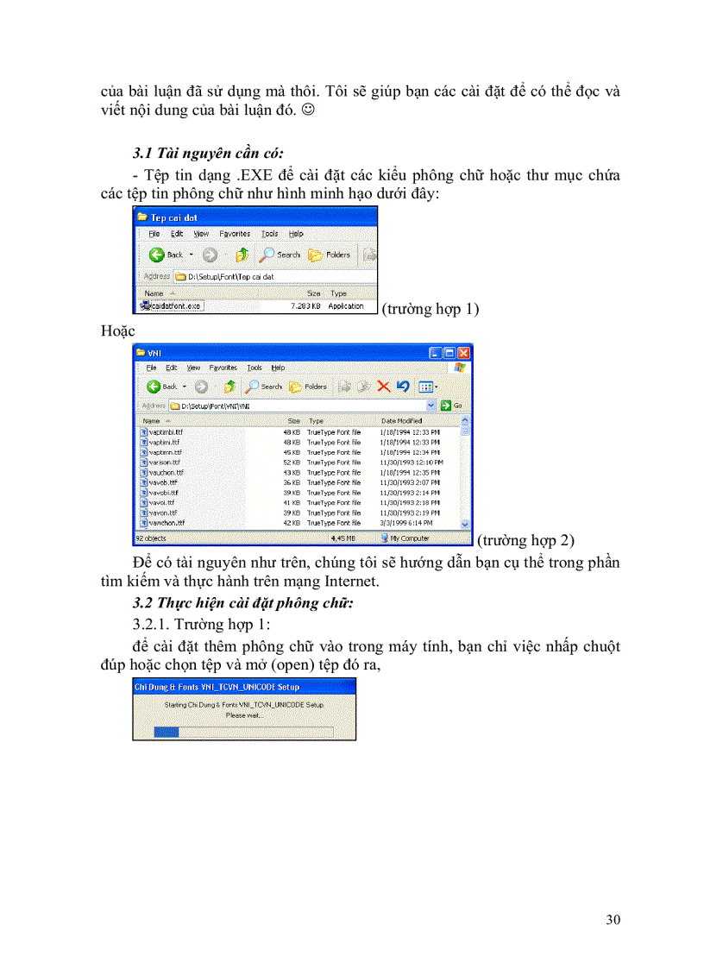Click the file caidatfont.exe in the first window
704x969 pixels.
tap(173, 305)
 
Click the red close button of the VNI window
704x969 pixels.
tap(464, 353)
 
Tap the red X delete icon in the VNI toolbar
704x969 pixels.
tap(385, 386)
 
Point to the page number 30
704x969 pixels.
tap(613, 920)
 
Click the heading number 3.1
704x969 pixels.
tap(142, 154)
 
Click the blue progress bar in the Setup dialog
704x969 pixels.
tap(166, 732)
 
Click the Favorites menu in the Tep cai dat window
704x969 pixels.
tap(235, 234)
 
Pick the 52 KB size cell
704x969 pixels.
tap(292, 462)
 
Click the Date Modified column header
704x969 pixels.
tap(401, 420)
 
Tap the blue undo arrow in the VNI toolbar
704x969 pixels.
tap(402, 386)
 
